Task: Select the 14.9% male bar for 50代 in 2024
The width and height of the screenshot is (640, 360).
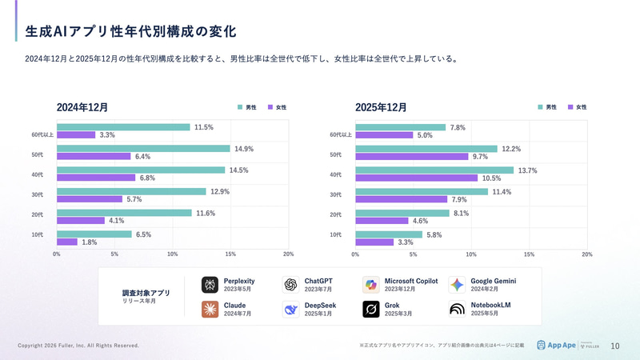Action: [142, 149]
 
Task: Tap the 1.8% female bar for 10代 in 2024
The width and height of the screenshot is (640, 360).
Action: [67, 242]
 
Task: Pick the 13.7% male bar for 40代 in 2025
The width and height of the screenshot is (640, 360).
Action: [434, 170]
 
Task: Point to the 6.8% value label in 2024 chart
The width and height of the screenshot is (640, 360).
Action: [147, 178]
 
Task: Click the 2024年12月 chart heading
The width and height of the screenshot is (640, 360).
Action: [82, 107]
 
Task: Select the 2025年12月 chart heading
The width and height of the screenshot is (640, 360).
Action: [381, 107]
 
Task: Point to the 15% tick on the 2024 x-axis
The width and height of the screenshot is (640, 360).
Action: [230, 254]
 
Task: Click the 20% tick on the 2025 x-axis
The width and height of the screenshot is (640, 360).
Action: [586, 254]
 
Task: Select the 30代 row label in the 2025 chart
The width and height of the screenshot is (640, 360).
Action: [336, 195]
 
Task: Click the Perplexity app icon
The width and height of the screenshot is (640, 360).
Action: [210, 285]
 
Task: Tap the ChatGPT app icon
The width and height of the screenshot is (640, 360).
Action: [290, 285]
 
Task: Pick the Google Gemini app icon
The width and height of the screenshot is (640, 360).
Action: [457, 285]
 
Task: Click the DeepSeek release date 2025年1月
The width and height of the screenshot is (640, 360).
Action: [318, 314]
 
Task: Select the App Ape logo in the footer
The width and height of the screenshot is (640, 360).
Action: [553, 346]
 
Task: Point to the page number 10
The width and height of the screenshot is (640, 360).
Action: [614, 346]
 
